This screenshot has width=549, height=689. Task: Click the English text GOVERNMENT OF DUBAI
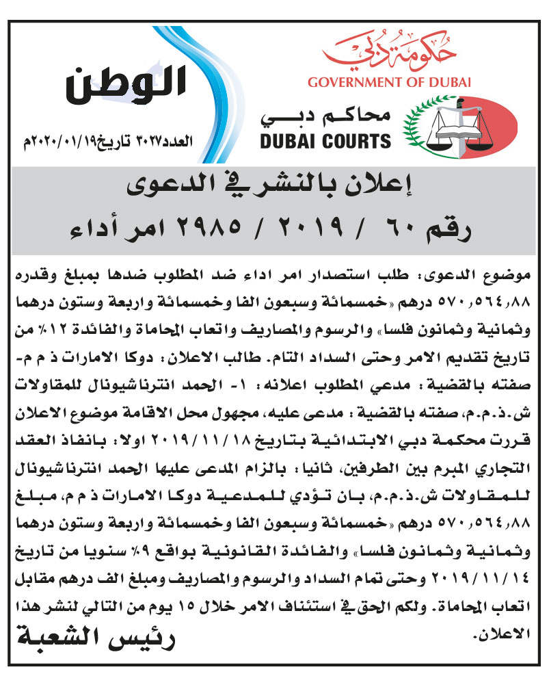pyautogui.click(x=390, y=83)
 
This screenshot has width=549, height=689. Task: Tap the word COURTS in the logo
pyautogui.click(x=357, y=142)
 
